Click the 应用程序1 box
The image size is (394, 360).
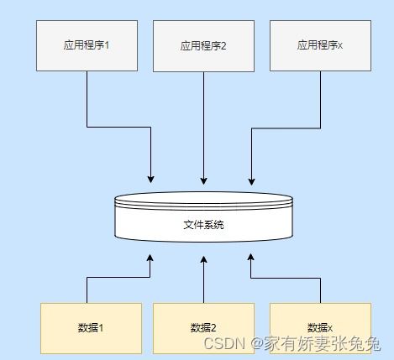pos(87,45)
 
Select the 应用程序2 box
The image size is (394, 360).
pos(203,46)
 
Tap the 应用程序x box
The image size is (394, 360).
pos(320,45)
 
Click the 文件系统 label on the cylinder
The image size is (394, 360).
pos(203,225)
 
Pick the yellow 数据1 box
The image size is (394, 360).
pos(91,328)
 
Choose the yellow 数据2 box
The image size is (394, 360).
pos(203,328)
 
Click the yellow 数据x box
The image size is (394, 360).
pos(320,328)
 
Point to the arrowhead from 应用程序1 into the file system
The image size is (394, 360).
pos(151,180)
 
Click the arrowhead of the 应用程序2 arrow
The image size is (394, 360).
pos(204,180)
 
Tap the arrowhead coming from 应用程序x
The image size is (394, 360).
pos(251,181)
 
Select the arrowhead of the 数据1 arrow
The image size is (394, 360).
pos(150,258)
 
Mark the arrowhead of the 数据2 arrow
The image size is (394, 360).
pos(204,259)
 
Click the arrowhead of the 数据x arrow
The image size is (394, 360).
pos(251,257)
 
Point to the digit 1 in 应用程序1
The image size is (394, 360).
pos(107,45)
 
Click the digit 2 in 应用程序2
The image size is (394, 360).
pos(223,46)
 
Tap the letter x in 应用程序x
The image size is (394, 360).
pos(340,46)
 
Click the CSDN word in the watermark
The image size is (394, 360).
pos(224,343)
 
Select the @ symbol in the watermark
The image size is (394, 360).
pos(257,343)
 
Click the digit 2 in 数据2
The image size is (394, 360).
pos(213,328)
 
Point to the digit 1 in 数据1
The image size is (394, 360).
pos(101,328)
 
